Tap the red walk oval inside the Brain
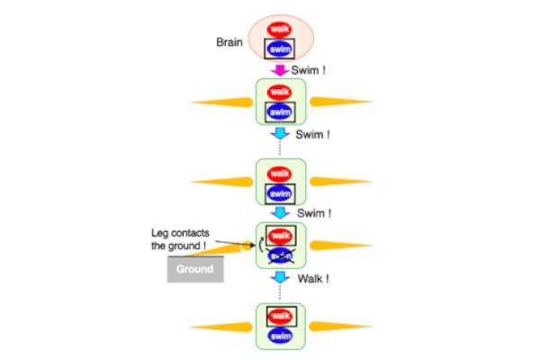coord(281,28)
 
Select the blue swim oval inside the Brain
coord(281,49)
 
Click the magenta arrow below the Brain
coord(281,69)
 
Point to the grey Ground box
coord(194,269)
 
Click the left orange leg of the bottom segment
coord(221,325)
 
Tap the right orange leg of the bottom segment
coord(340,325)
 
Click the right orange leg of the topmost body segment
coord(340,101)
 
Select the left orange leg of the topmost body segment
coord(221,101)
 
